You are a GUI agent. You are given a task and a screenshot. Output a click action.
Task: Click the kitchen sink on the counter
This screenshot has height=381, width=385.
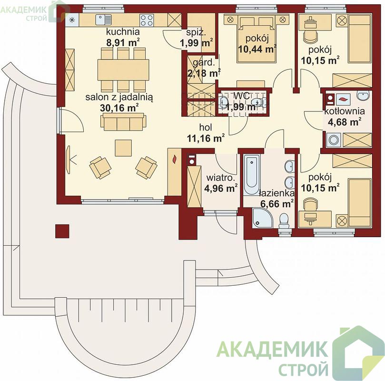pyautogui.click(x=104, y=20)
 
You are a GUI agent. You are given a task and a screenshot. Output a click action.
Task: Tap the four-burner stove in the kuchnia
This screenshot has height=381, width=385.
pyautogui.click(x=147, y=20)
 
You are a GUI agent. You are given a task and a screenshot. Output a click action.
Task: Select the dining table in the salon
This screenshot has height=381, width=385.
pyautogui.click(x=123, y=70)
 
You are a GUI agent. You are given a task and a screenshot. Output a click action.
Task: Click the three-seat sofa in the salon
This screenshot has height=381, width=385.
pyautogui.click(x=123, y=122)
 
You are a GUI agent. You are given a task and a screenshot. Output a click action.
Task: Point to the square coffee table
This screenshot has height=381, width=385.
pyautogui.click(x=123, y=148)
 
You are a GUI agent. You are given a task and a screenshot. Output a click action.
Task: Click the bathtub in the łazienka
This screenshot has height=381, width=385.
pyautogui.click(x=251, y=175)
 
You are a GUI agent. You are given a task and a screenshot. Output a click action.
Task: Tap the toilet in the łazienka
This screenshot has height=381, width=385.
pyautogui.click(x=284, y=221)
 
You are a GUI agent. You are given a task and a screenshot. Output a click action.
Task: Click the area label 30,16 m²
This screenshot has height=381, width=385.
pyautogui.click(x=119, y=108)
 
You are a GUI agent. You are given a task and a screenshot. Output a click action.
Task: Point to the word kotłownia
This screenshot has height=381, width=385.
pyautogui.click(x=345, y=111)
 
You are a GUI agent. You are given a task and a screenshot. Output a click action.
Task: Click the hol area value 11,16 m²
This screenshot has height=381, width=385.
pyautogui.click(x=206, y=138)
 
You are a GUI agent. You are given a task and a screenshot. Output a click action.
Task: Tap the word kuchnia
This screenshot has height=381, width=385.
pyautogui.click(x=123, y=32)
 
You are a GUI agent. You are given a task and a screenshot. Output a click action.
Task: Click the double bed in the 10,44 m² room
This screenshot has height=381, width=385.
pyautogui.click(x=257, y=39)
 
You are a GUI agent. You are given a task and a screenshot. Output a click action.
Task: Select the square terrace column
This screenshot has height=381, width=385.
pyautogui.click(x=62, y=231)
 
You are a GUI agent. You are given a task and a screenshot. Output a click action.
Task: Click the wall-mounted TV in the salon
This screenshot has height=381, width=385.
pyautogui.click(x=68, y=160)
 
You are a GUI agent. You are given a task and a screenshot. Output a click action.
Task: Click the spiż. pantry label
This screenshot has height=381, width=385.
pyautogui.click(x=196, y=32)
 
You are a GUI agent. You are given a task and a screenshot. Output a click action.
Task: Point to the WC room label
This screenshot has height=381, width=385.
pyautogui.click(x=242, y=96)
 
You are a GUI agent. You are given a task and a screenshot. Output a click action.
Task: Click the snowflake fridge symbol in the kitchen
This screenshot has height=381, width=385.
pyautogui.click(x=72, y=20)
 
